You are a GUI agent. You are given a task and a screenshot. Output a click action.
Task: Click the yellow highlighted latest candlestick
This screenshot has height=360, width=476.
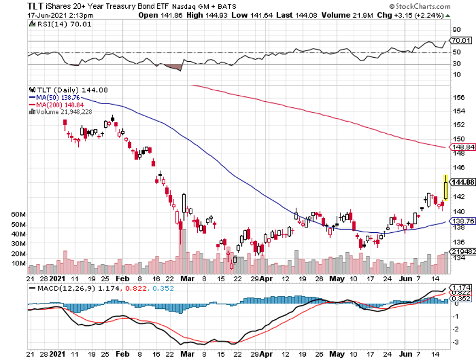(445, 187)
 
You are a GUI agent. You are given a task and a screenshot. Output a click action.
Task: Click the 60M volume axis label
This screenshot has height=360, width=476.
(19, 214)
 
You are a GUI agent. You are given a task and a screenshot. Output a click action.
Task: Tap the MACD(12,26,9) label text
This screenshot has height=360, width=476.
(62, 288)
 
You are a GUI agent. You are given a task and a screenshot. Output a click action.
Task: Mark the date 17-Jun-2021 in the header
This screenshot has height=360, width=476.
(48, 15)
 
